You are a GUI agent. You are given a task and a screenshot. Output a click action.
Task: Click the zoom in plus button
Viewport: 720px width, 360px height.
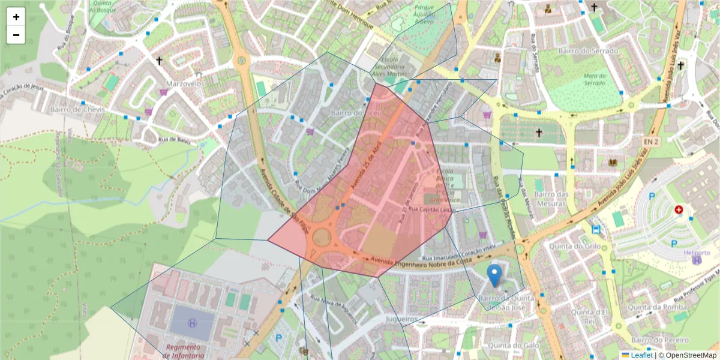point(16,17)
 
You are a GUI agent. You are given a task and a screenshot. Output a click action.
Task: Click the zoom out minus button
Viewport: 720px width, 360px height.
point(16,35)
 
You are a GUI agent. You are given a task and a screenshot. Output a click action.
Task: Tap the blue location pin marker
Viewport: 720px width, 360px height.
point(494,275)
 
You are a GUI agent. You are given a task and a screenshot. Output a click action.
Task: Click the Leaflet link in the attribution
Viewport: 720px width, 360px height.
point(641,355)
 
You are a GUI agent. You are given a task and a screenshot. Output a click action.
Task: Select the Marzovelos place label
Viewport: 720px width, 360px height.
point(184,84)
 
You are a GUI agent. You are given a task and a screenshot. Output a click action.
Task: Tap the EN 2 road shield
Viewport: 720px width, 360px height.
point(652,142)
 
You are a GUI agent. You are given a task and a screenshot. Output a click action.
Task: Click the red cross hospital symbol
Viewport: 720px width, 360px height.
point(679,210)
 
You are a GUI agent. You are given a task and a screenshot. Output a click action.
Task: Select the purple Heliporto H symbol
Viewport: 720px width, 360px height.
point(697,260)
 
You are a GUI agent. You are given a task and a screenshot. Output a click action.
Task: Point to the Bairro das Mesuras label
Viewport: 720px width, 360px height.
point(551,199)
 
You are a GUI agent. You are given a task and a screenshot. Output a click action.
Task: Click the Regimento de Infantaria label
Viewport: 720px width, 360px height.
point(183,351)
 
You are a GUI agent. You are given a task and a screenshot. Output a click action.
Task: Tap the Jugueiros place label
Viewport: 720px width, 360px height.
point(402,319)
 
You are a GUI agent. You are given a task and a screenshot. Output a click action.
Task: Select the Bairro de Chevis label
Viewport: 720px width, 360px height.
point(77,110)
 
